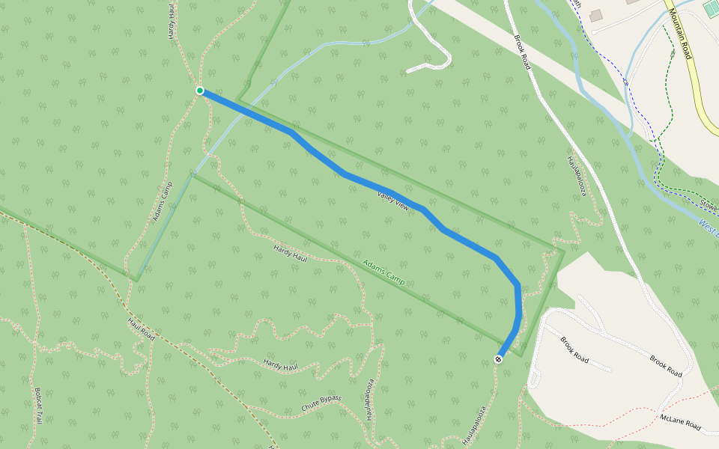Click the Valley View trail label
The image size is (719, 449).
click(x=393, y=200)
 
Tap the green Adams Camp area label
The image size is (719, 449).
click(x=383, y=272)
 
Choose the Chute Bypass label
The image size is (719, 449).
click(x=321, y=403)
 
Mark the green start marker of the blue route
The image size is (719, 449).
click(x=200, y=91)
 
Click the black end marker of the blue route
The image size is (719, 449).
click(x=499, y=359)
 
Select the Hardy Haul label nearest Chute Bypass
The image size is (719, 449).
click(x=281, y=365)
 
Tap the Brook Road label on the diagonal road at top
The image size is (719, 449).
click(x=522, y=52)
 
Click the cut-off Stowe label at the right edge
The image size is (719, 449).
click(x=709, y=204)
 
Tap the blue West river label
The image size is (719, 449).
click(x=709, y=225)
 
